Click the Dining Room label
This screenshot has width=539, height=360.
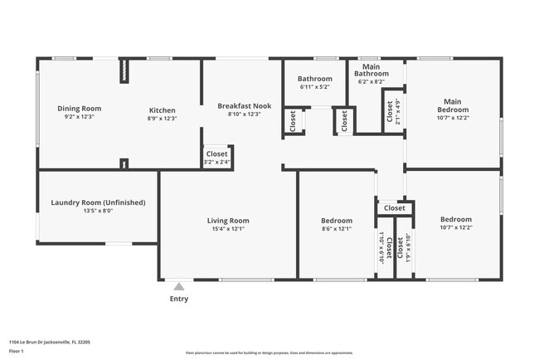pyautogui.click(x=79, y=109)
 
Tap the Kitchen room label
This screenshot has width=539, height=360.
pyautogui.click(x=162, y=110)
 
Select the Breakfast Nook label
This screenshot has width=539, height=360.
pyautogui.click(x=245, y=105)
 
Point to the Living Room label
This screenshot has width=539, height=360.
pyautogui.click(x=228, y=221)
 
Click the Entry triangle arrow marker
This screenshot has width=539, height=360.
pyautogui.click(x=178, y=286)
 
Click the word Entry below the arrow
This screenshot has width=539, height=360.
pyautogui.click(x=178, y=299)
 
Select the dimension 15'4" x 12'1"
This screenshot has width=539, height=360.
pyautogui.click(x=228, y=229)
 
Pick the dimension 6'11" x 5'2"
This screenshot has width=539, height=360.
pyautogui.click(x=314, y=87)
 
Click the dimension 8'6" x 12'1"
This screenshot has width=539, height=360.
pyautogui.click(x=336, y=229)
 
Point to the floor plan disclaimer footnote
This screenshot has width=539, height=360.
pyautogui.click(x=269, y=353)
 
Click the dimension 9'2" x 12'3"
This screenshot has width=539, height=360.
pyautogui.click(x=79, y=118)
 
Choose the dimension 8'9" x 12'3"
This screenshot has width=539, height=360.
pyautogui.click(x=162, y=119)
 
